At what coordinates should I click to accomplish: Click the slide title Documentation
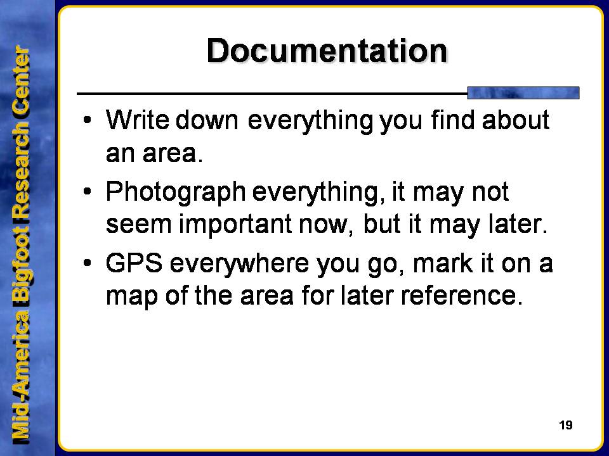(x=327, y=51)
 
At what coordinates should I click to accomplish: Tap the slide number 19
(x=565, y=425)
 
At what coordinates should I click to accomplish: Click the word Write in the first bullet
(x=138, y=120)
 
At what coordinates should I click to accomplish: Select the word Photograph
(x=176, y=192)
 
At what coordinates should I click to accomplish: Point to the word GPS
(x=134, y=263)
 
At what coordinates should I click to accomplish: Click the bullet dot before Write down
(x=88, y=120)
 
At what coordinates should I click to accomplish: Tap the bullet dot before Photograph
(x=88, y=191)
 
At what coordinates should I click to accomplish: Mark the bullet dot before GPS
(x=88, y=263)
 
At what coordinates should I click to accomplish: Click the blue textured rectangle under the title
(x=523, y=92)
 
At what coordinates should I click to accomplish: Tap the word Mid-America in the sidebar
(x=21, y=379)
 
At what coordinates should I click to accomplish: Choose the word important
(x=235, y=225)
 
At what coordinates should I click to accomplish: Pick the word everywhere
(x=239, y=263)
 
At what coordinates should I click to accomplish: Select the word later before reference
(x=367, y=296)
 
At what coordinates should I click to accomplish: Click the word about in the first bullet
(x=515, y=120)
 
